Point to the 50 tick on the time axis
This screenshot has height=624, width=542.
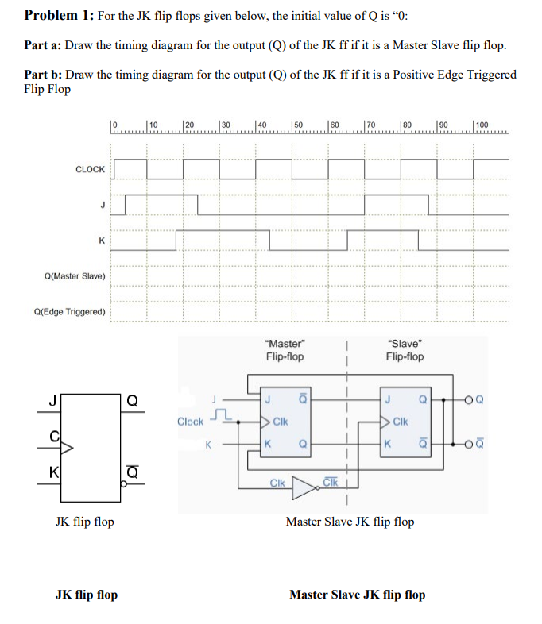click(297, 125)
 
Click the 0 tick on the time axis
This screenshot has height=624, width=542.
click(114, 125)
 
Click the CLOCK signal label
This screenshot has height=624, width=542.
click(90, 169)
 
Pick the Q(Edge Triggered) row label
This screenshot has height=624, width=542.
click(70, 311)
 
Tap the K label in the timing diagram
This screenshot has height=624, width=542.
click(100, 240)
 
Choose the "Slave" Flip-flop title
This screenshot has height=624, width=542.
click(405, 350)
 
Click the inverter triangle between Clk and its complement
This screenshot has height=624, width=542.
click(303, 483)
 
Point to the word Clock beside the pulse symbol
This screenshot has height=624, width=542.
click(190, 422)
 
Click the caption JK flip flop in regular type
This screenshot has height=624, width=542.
click(84, 522)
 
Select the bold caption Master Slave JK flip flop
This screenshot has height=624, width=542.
click(357, 595)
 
